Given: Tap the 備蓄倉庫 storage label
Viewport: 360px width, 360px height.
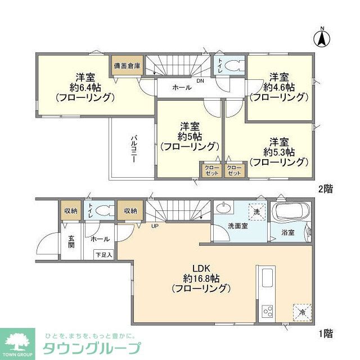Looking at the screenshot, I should (x=127, y=65).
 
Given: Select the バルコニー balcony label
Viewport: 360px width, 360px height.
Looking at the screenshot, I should (x=135, y=148).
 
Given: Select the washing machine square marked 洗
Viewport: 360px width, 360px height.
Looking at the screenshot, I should (x=256, y=212).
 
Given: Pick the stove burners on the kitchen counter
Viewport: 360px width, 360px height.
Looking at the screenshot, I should (x=266, y=311).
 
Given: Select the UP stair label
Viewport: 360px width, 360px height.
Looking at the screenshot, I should (x=154, y=227).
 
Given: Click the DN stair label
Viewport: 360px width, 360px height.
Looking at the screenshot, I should (x=200, y=80).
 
